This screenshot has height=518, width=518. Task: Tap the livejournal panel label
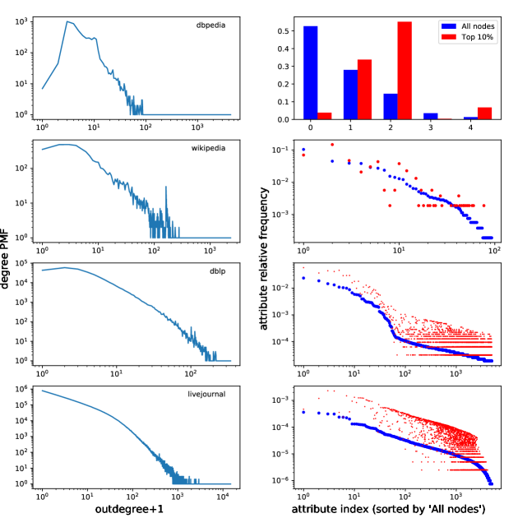click(206, 396)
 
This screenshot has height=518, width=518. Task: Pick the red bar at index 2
click(405, 71)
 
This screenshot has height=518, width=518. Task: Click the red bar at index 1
click(365, 90)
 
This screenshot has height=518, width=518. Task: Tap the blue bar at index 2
click(391, 106)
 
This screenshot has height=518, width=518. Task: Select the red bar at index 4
click(485, 113)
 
